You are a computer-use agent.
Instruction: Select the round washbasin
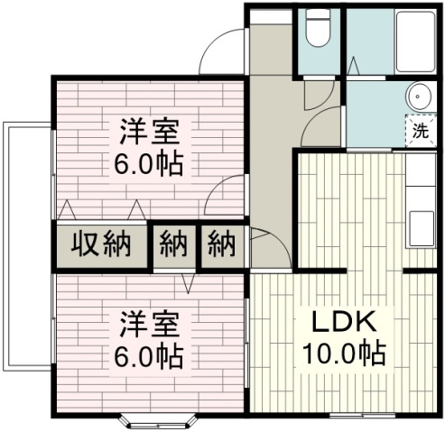pos(418,98)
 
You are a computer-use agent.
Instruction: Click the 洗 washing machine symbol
pos(420,130)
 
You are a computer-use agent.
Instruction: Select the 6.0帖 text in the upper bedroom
pos(150,164)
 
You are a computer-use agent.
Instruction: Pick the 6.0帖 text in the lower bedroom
pos(150,354)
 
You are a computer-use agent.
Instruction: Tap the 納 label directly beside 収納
pos(173,244)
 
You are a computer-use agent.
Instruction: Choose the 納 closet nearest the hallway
pos(222,244)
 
